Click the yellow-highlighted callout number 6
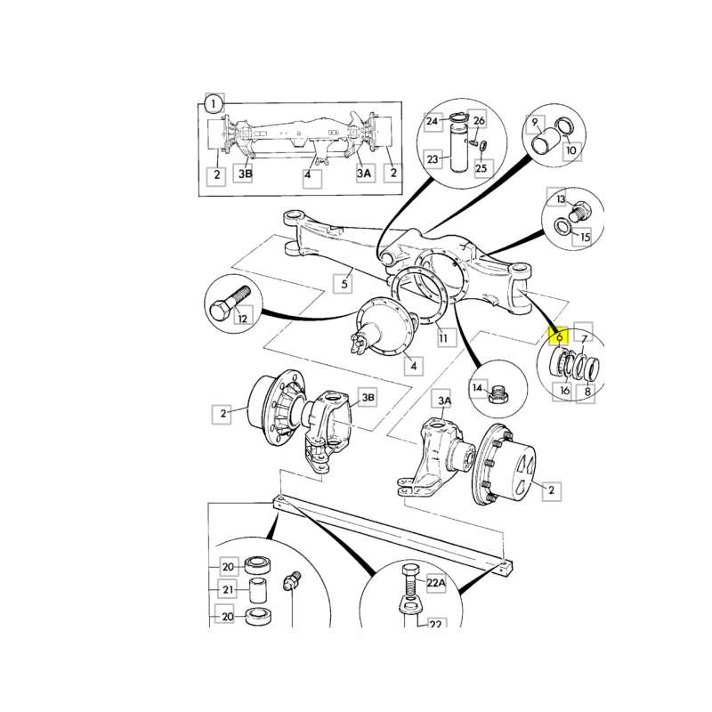(x=558, y=337)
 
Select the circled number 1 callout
(x=214, y=104)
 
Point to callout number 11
(x=441, y=337)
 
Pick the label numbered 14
(x=477, y=388)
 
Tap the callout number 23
(x=433, y=159)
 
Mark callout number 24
(x=433, y=121)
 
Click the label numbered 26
(x=479, y=121)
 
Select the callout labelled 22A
(x=435, y=583)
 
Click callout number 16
(x=564, y=390)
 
